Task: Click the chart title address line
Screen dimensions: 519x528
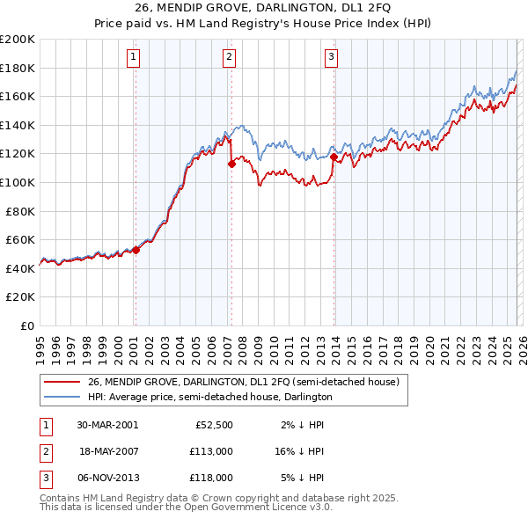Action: coord(263,10)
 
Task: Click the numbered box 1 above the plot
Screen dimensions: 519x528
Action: coord(133,58)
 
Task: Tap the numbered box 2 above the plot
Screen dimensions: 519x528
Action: coord(229,58)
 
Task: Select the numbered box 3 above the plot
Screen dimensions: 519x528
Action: coord(331,58)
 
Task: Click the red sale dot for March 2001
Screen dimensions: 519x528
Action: coord(136,250)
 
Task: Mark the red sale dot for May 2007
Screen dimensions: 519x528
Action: coord(231,163)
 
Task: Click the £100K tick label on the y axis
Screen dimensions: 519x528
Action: coord(18,182)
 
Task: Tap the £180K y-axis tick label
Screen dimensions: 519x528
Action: coord(18,68)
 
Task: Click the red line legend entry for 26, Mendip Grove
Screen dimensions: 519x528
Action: coord(244,382)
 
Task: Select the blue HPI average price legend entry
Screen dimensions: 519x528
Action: coord(209,397)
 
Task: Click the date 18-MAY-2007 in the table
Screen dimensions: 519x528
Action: coord(108,451)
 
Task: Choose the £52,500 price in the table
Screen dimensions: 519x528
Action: coord(212,425)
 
